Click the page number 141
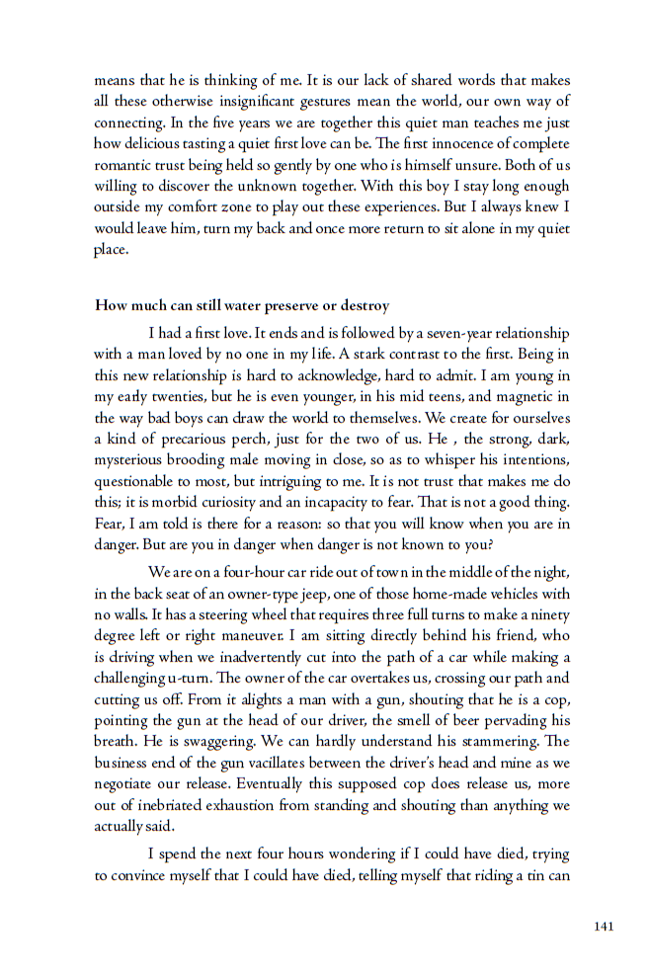pyautogui.click(x=604, y=926)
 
